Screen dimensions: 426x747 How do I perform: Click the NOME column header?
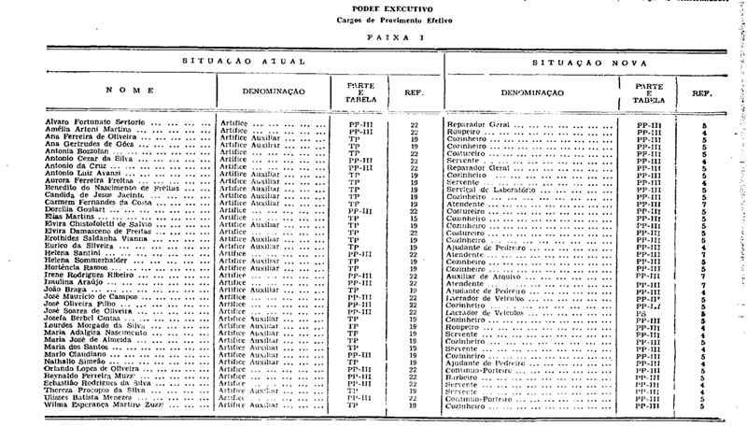120,91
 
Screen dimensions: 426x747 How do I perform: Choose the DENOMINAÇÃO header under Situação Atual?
271,91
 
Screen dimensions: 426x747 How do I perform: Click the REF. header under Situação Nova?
701,93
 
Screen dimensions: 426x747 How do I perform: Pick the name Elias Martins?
68,217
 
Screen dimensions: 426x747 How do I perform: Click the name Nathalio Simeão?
75,362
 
